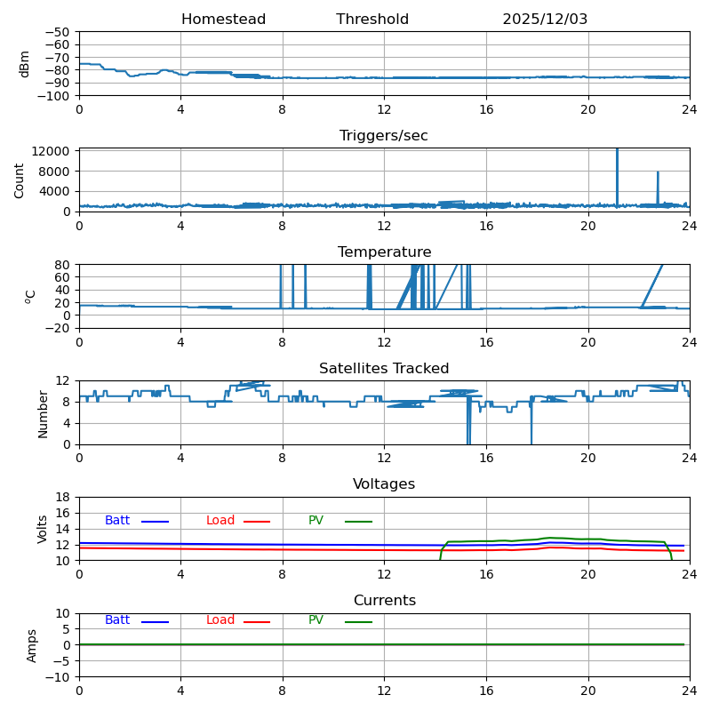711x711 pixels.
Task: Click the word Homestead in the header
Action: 224,19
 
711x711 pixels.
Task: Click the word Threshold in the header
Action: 372,19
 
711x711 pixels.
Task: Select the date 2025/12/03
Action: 545,19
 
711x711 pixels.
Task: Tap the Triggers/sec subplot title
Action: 384,136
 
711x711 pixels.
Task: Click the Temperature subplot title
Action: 385,252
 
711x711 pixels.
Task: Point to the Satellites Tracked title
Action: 384,368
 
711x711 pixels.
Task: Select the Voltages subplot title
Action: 384,483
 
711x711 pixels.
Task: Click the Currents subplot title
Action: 385,601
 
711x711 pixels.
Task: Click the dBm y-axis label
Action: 24,64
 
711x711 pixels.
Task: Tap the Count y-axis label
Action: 19,181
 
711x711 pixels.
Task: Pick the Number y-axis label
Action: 43,414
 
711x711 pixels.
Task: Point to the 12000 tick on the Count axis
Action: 51,151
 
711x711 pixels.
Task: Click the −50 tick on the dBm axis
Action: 57,32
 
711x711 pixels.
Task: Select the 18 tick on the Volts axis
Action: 62,498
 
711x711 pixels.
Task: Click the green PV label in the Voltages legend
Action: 316,520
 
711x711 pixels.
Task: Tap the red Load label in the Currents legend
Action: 220,619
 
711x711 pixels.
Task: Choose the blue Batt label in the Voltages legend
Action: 117,520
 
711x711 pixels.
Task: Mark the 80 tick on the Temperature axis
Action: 62,265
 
